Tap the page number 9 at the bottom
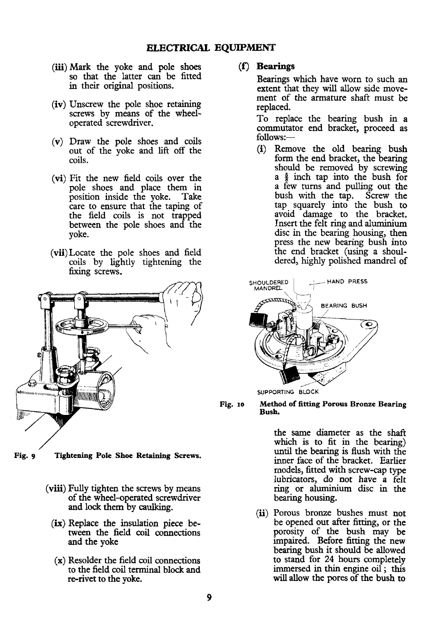click(209, 597)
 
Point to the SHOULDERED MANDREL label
click(269, 285)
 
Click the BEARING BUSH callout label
click(343, 305)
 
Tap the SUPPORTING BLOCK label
click(288, 392)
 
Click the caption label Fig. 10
click(232, 405)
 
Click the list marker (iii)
click(59, 67)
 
